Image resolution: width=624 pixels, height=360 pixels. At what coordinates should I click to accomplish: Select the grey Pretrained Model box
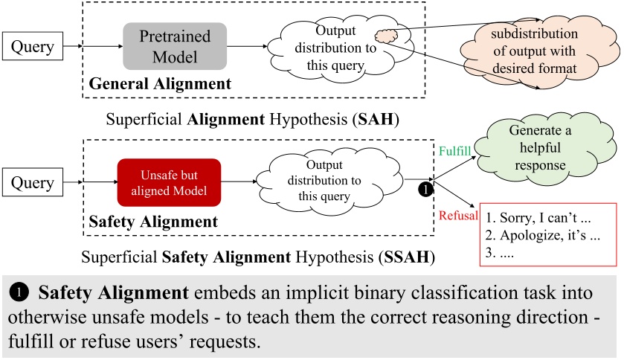(175, 46)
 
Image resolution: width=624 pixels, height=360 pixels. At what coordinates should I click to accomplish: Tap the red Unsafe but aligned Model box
(170, 182)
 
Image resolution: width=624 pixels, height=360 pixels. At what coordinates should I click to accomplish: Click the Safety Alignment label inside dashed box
(153, 221)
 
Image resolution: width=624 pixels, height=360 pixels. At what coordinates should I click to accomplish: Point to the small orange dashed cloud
(387, 36)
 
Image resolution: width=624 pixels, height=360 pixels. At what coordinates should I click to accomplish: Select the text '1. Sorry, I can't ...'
(541, 219)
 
